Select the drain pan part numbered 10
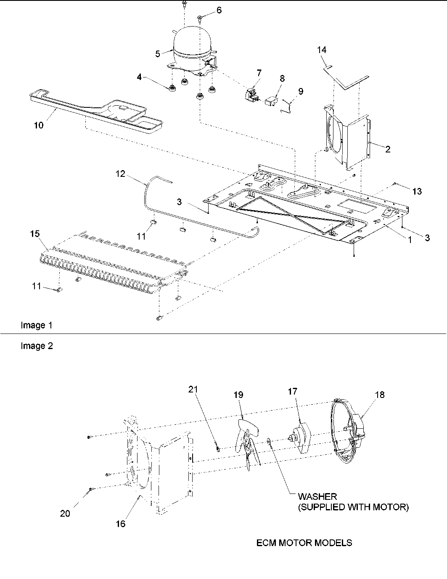coord(101,109)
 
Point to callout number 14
coord(322,50)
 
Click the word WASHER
coord(317,497)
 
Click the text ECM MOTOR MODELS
coord(304,543)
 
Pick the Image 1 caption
coord(37,325)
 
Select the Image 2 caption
coord(37,346)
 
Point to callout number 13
coord(417,192)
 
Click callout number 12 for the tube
coord(121,173)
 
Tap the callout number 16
coord(121,524)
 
